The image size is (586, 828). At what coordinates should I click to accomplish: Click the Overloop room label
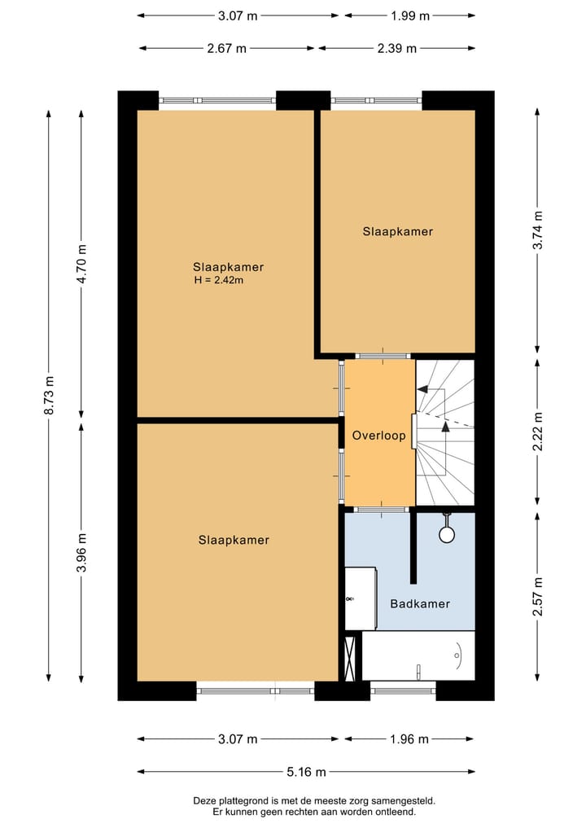click(x=378, y=436)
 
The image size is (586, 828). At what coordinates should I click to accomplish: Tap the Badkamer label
click(x=420, y=603)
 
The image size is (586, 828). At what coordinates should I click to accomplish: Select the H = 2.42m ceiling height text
click(x=219, y=280)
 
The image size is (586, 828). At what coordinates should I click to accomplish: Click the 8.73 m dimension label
click(x=49, y=396)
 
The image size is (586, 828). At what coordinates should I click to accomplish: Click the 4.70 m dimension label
click(x=81, y=264)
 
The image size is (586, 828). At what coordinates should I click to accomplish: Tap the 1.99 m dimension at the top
click(x=409, y=15)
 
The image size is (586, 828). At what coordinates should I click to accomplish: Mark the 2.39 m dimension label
click(x=396, y=48)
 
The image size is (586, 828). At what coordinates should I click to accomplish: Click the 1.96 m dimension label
click(x=407, y=739)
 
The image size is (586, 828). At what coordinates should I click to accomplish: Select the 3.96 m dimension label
click(x=81, y=553)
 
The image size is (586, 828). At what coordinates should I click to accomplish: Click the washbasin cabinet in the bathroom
click(x=360, y=598)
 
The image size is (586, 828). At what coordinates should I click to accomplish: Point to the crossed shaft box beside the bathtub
click(x=351, y=657)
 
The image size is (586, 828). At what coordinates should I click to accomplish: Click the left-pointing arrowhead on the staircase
click(x=422, y=390)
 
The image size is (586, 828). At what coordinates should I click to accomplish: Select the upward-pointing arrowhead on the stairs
click(x=445, y=424)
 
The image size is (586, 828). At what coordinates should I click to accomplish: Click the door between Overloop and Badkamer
click(x=381, y=509)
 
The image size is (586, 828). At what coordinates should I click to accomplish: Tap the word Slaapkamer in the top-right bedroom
click(x=398, y=231)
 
